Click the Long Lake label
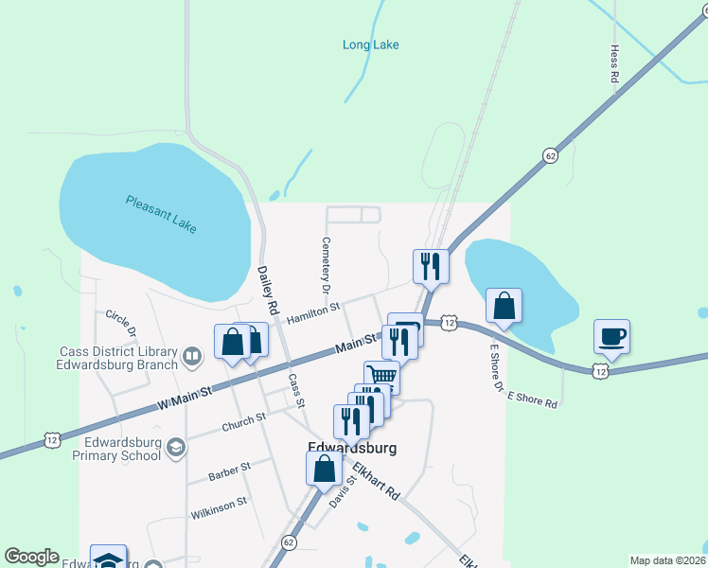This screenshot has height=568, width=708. pyautogui.click(x=370, y=44)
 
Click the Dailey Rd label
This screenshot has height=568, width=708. pyautogui.click(x=268, y=289)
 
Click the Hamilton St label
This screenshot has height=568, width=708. pyautogui.click(x=312, y=310)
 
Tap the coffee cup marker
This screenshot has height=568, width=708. pyautogui.click(x=611, y=336)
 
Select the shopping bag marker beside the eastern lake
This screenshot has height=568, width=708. pyautogui.click(x=504, y=306)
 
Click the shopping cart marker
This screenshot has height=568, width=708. pyautogui.click(x=381, y=376)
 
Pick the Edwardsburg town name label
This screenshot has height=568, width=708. pyautogui.click(x=351, y=448)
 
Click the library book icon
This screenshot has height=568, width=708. pyautogui.click(x=192, y=357)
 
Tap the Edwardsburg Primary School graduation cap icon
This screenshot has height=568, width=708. pyautogui.click(x=175, y=447)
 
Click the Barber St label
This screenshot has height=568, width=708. pyautogui.click(x=230, y=468)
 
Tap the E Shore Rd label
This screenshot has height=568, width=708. pyautogui.click(x=533, y=399)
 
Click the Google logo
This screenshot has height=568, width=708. pyautogui.click(x=31, y=557)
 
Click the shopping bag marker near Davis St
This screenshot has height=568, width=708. pyautogui.click(x=324, y=468)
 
